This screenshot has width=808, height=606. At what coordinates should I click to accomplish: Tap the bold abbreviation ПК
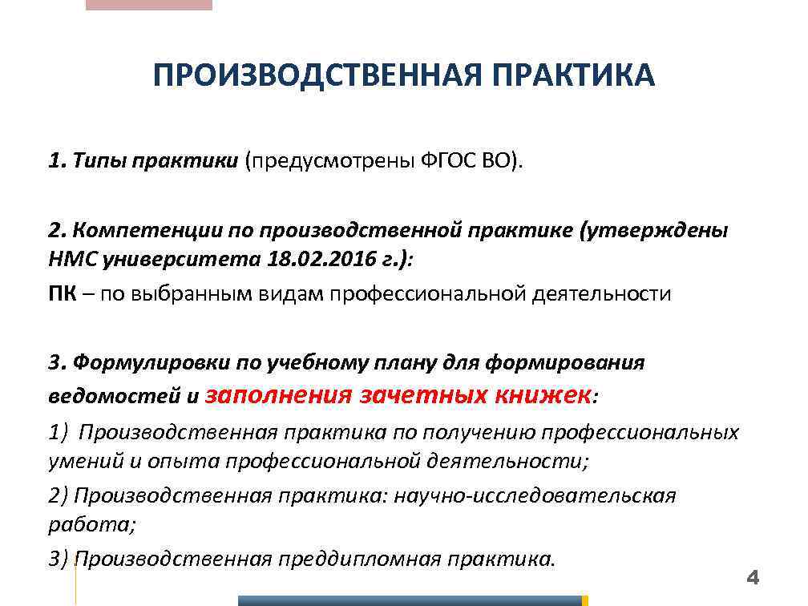[x=61, y=293]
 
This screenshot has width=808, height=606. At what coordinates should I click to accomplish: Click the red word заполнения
[x=279, y=394]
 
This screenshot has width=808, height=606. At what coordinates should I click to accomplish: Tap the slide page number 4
[x=752, y=577]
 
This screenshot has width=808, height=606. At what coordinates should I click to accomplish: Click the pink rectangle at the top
[x=148, y=5]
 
